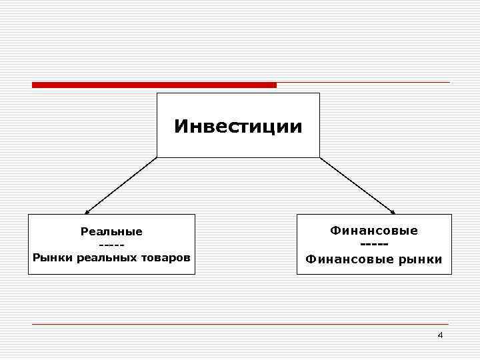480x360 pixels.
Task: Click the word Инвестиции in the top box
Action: pos(238,126)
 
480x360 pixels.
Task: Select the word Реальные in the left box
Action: pos(111,232)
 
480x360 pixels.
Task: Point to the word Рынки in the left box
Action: pos(53,257)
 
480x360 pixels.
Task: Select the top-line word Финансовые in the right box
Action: pos(374,230)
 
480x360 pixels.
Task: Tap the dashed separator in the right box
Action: pos(374,245)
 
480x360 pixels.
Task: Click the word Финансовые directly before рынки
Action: pos(345,259)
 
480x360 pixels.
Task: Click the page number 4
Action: pos(440,335)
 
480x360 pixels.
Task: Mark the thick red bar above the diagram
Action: pos(154,85)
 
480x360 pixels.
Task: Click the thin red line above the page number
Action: pos(240,324)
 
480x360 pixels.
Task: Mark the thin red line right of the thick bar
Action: pos(363,83)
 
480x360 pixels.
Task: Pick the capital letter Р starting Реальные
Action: pos(83,232)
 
